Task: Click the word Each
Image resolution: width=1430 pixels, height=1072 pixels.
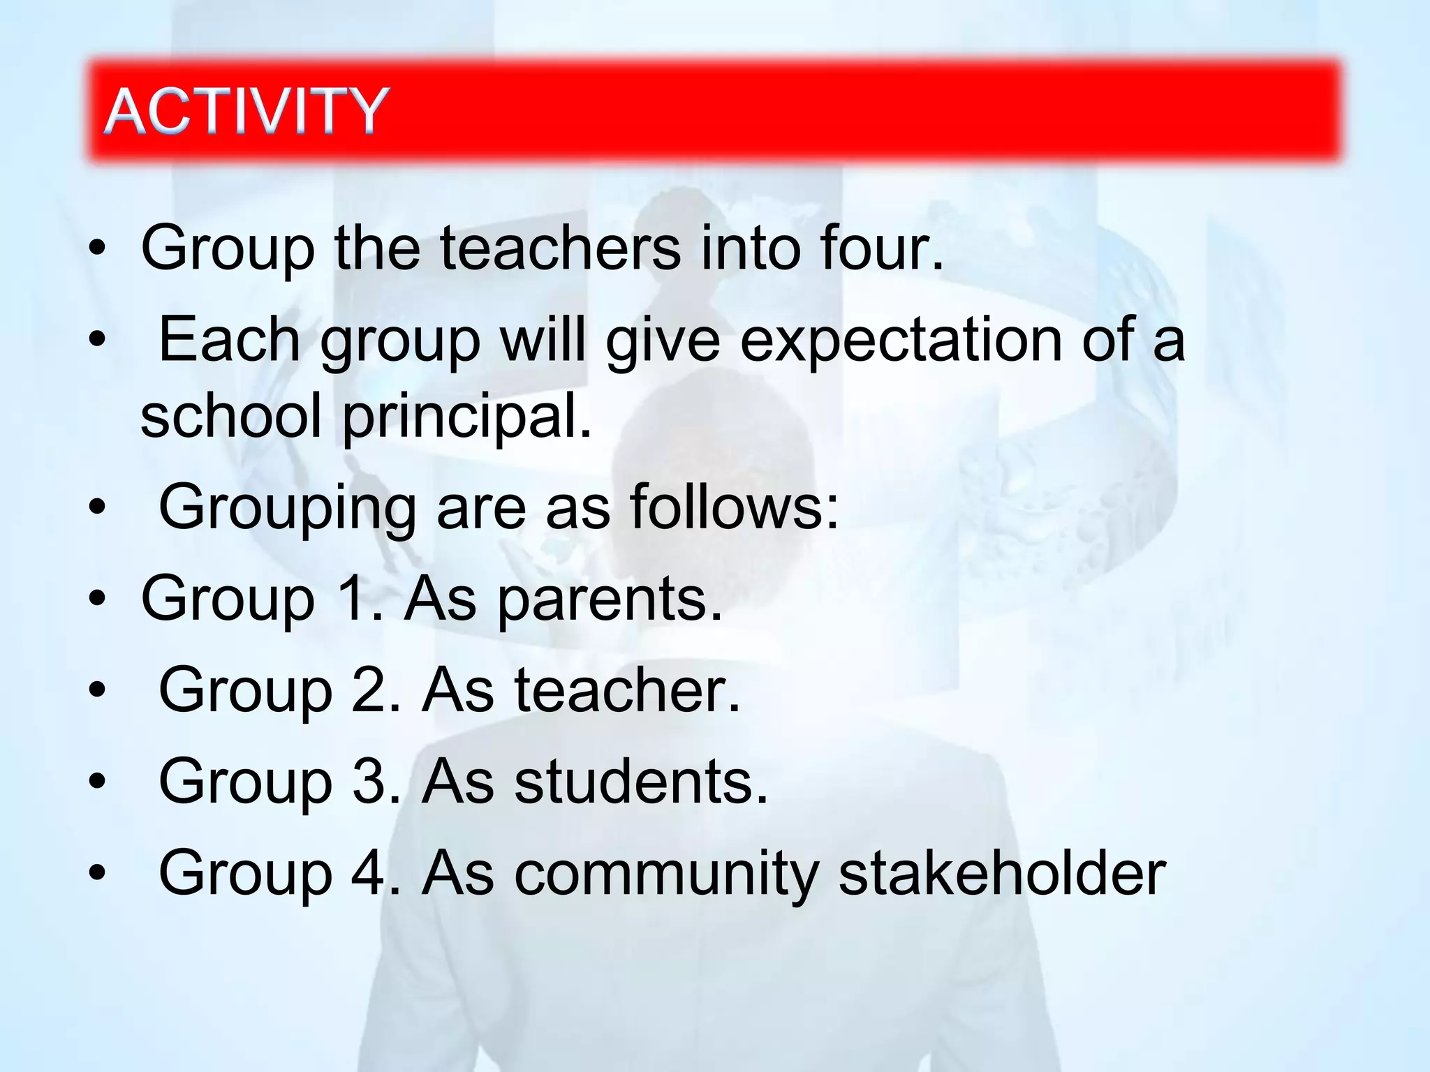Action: pos(230,340)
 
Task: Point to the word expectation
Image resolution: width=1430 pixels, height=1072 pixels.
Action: pos(901,341)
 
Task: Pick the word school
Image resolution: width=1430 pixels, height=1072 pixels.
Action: pos(231,416)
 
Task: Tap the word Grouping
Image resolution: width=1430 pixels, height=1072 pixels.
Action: pos(288,508)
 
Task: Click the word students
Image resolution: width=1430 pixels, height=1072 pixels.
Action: pos(640,781)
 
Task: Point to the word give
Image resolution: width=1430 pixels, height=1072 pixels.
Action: pos(663,341)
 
